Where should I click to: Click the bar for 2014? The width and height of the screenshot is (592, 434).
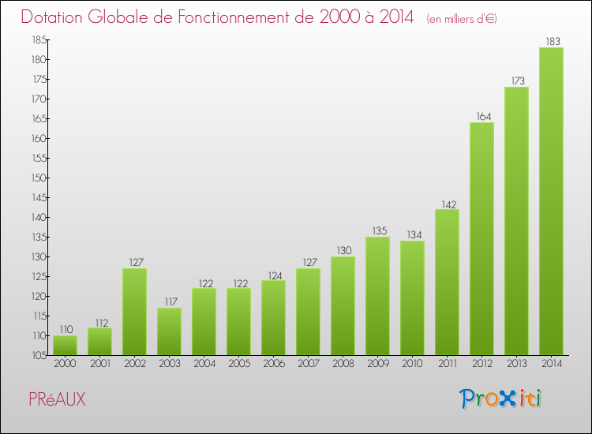coord(551,201)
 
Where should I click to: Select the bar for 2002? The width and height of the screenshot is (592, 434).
coord(134,312)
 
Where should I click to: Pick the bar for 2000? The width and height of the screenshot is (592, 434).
coord(65,345)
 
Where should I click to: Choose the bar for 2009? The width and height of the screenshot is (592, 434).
coord(377,296)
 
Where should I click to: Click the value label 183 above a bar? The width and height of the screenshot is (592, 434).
coord(551,41)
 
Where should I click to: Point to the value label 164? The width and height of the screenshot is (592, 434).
coord(481,116)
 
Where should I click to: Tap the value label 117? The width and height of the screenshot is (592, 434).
coord(169,301)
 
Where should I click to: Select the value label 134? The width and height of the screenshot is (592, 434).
coord(412,234)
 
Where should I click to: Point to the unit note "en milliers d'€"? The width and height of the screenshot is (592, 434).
coord(462,18)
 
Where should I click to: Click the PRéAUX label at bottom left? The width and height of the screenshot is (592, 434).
coord(57,399)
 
